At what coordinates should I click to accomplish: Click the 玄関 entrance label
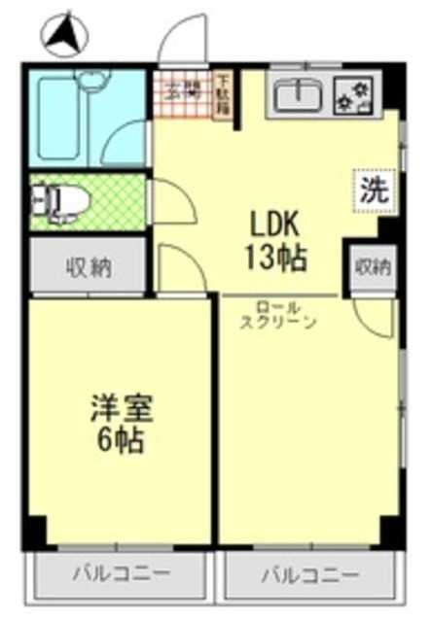pyautogui.click(x=182, y=93)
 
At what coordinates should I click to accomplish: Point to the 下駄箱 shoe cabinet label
pyautogui.click(x=223, y=94)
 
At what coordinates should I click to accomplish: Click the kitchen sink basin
pyautogui.click(x=295, y=94)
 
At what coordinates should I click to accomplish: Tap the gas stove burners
pyautogui.click(x=352, y=94)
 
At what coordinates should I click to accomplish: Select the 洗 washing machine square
pyautogui.click(x=371, y=190)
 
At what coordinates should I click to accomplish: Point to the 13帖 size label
pyautogui.click(x=278, y=258)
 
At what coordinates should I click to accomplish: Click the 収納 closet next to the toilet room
pyautogui.click(x=87, y=264)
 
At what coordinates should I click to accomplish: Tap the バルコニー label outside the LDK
pyautogui.click(x=309, y=574)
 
